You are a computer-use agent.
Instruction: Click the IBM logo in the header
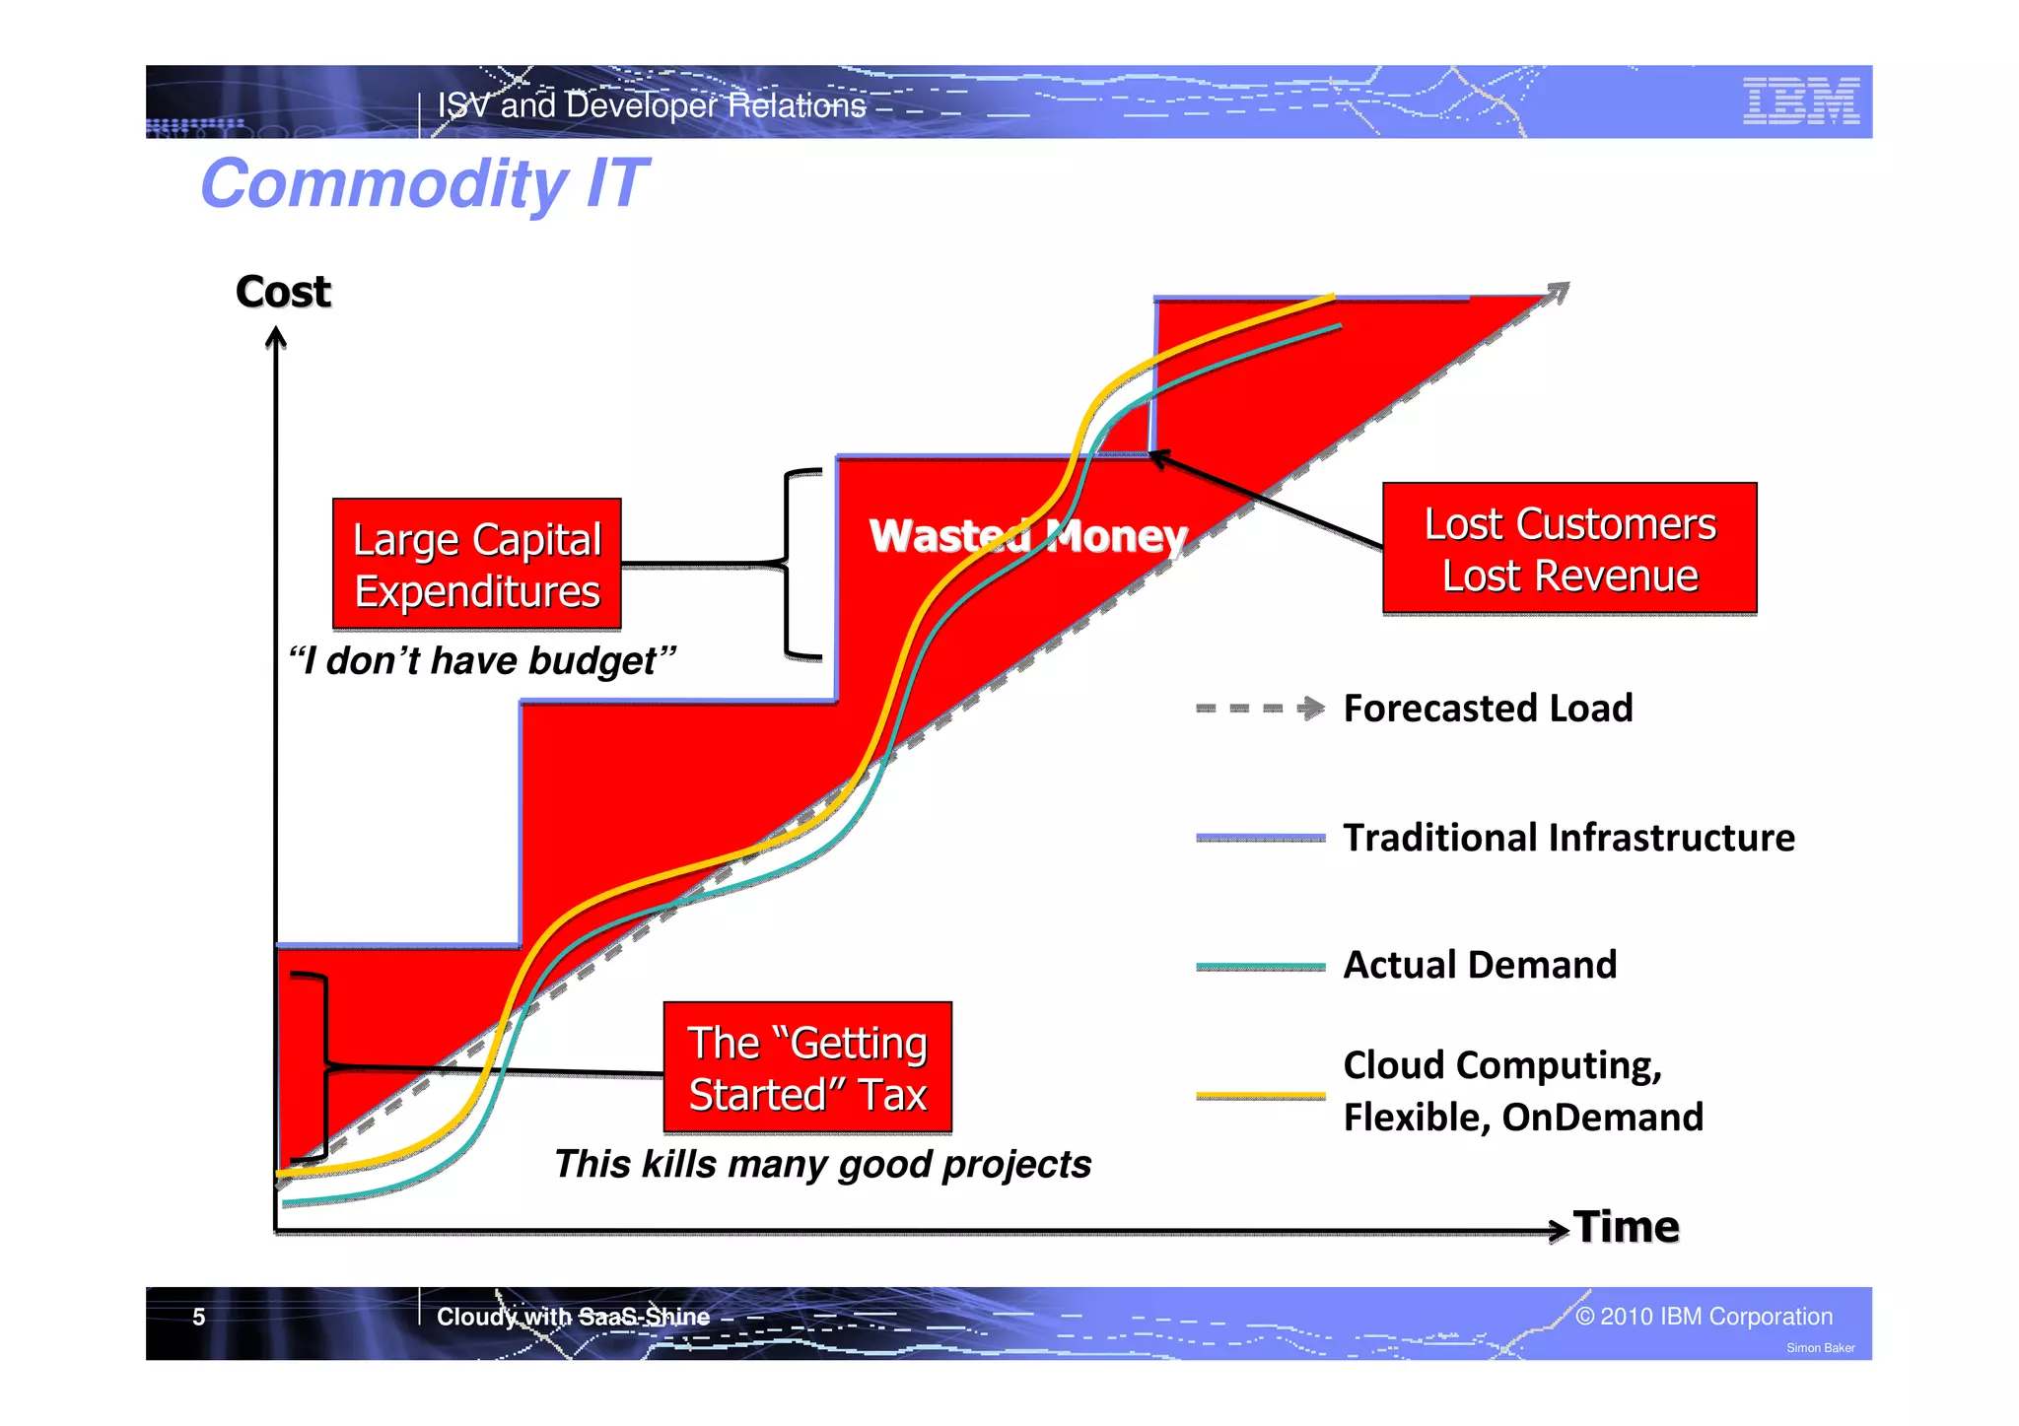1800,101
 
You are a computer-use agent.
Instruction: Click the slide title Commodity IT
424,184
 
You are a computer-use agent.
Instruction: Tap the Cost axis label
283,292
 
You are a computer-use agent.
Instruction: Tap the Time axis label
1626,1227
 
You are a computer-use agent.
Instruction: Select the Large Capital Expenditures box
477,565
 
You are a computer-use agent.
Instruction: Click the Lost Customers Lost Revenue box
1568,549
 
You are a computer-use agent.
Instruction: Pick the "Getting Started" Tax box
807,1068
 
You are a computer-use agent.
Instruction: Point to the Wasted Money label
1027,536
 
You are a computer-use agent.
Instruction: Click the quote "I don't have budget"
482,660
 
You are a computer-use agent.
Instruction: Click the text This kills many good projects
822,1164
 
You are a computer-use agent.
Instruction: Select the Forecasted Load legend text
1487,709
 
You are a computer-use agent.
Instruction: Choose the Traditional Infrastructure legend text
1568,838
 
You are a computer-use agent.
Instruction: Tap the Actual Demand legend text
1479,965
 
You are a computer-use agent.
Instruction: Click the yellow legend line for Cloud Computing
1260,1095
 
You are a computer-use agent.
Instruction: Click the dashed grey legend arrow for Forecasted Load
1260,709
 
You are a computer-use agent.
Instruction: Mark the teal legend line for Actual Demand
1260,967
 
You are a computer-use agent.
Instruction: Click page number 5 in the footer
199,1318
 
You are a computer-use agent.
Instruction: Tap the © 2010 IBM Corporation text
1704,1317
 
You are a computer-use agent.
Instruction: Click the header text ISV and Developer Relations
651,105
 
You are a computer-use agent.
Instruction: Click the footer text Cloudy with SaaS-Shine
573,1318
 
